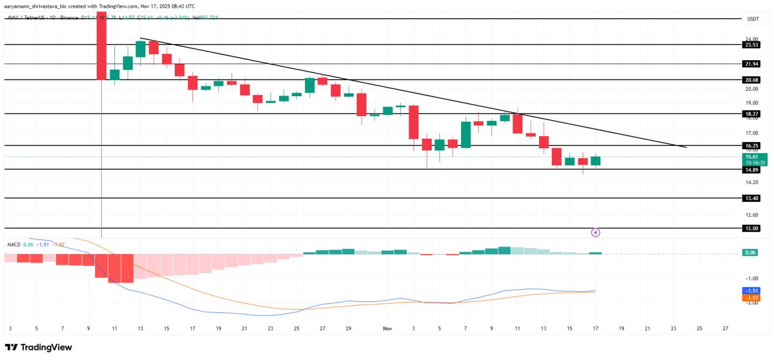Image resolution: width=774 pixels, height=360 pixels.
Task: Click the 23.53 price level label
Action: pos(752,45)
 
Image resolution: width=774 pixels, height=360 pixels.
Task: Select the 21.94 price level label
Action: pos(752,64)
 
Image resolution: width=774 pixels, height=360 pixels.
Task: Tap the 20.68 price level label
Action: pos(752,80)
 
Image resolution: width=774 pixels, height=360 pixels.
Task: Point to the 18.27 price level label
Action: pos(752,113)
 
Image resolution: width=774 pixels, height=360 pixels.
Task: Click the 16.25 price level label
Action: pos(752,145)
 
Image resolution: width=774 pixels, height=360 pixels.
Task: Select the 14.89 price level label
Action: pos(752,170)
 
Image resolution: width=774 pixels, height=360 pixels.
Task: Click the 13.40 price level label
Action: pos(752,198)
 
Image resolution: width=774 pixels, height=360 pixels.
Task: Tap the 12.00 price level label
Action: pos(752,228)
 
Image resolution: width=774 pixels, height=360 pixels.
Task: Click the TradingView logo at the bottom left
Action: pos(39,347)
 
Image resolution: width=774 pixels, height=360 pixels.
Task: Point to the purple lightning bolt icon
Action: pos(595,233)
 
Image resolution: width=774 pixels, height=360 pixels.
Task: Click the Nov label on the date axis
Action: pos(387,328)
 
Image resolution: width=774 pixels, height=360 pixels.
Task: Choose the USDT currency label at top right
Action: pos(753,19)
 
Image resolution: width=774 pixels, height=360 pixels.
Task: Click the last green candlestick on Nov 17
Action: pos(595,161)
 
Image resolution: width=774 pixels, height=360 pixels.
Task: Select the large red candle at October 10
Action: pos(102,50)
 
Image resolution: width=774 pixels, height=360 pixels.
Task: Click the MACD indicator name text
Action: pos(14,244)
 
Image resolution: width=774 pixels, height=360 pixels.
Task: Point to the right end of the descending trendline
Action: pos(686,147)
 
